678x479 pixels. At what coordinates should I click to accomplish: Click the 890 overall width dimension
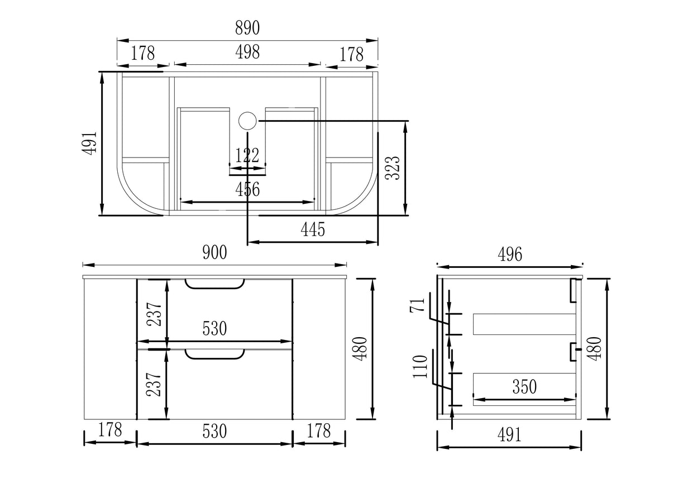pyautogui.click(x=247, y=28)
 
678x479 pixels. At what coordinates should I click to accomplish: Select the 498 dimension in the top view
pyautogui.click(x=247, y=52)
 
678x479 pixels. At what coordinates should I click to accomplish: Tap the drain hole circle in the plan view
pyautogui.click(x=247, y=121)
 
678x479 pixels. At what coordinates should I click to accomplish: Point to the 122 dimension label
pyautogui.click(x=247, y=155)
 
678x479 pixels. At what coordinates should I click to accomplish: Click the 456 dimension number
pyautogui.click(x=247, y=189)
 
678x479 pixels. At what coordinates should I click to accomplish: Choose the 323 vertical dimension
pyautogui.click(x=393, y=168)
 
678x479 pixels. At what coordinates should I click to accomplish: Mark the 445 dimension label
pyautogui.click(x=313, y=229)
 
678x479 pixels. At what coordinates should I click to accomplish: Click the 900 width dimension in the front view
pyautogui.click(x=214, y=253)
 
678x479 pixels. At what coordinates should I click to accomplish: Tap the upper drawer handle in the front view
pyautogui.click(x=214, y=284)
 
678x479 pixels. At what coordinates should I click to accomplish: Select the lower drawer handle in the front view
pyautogui.click(x=214, y=355)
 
